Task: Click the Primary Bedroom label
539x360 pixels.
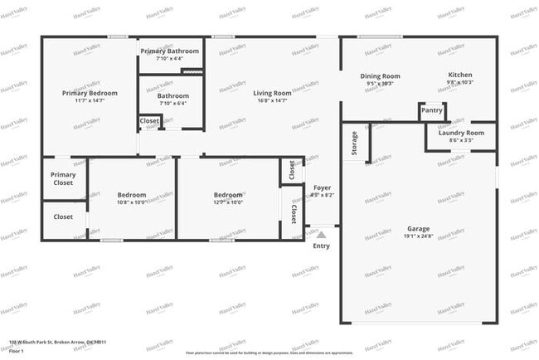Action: pos(90,94)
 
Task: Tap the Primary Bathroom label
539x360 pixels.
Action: pos(169,51)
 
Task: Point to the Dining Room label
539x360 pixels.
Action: pos(380,76)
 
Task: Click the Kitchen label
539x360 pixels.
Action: pos(459,75)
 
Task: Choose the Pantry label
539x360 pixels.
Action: pos(431,110)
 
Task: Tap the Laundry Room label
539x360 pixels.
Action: pos(461,133)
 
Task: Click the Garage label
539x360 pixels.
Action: pos(419,228)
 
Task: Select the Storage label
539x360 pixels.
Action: pos(354,144)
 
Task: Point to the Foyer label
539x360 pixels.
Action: pos(322,187)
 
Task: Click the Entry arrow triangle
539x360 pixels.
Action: pos(322,236)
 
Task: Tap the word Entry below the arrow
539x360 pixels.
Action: pos(322,246)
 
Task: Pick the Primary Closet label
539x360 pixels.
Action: pos(63,178)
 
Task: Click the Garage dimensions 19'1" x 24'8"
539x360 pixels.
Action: pos(419,236)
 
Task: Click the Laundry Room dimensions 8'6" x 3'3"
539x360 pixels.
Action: pos(461,141)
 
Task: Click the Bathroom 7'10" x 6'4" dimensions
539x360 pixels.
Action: pos(173,104)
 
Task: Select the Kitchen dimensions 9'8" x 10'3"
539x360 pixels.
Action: pos(459,83)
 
